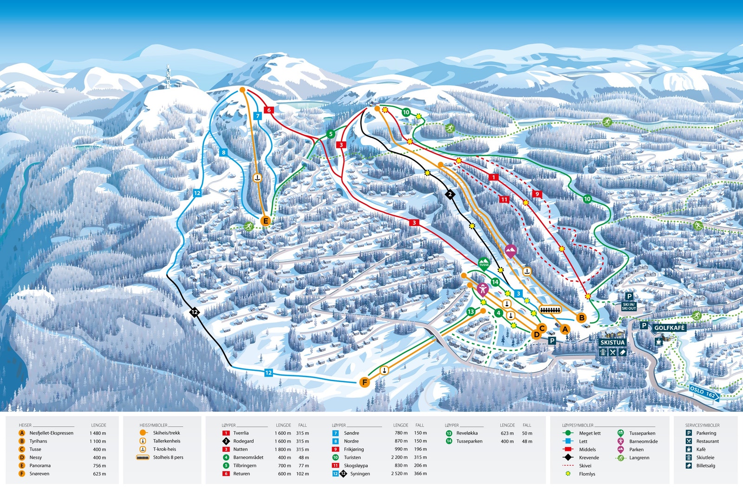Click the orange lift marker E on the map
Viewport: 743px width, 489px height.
coord(266,221)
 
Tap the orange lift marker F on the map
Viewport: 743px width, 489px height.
coord(365,383)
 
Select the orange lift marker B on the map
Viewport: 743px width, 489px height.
coord(581,318)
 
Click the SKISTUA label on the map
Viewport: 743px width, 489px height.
coord(613,343)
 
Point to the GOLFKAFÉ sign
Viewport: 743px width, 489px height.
coord(669,328)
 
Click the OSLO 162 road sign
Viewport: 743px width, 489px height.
coord(703,393)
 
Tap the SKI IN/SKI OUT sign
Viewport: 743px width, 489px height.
coord(629,306)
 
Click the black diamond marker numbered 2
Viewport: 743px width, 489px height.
coord(450,194)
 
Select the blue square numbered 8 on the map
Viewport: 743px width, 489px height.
coord(224,152)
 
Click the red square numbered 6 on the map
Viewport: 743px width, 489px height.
coord(268,110)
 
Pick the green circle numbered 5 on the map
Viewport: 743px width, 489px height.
coord(331,134)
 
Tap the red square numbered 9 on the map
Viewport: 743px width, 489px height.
coord(537,194)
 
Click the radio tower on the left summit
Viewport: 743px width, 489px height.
coord(168,77)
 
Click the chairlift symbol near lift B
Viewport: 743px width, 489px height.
coord(551,309)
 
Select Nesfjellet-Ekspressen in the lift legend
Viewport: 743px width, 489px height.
coord(51,433)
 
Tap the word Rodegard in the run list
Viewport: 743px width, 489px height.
coord(243,441)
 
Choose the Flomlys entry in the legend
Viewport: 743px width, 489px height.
coord(587,474)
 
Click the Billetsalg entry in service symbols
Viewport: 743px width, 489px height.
coord(705,466)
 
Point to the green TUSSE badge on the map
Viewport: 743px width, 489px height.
coord(484,264)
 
